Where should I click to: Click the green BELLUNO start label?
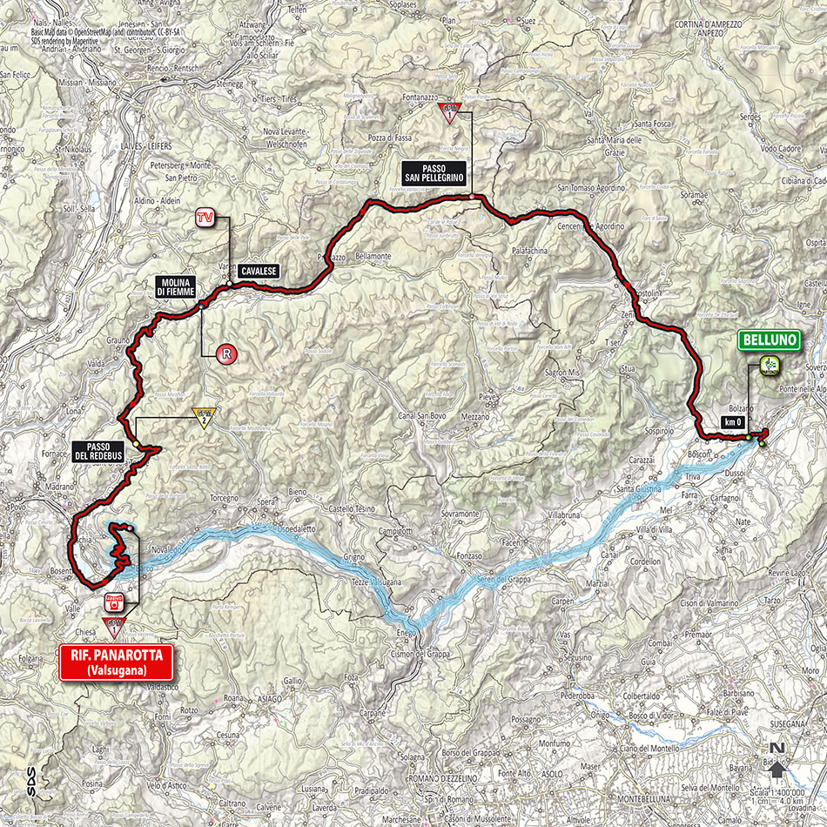pos(770,340)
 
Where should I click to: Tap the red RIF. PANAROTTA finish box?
pos(116,661)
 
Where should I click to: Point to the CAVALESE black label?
pos(258,272)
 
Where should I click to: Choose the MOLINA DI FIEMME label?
pos(176,287)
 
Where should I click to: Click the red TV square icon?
pos(205,217)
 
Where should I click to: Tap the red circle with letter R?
pos(226,353)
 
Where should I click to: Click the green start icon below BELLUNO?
pos(770,365)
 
